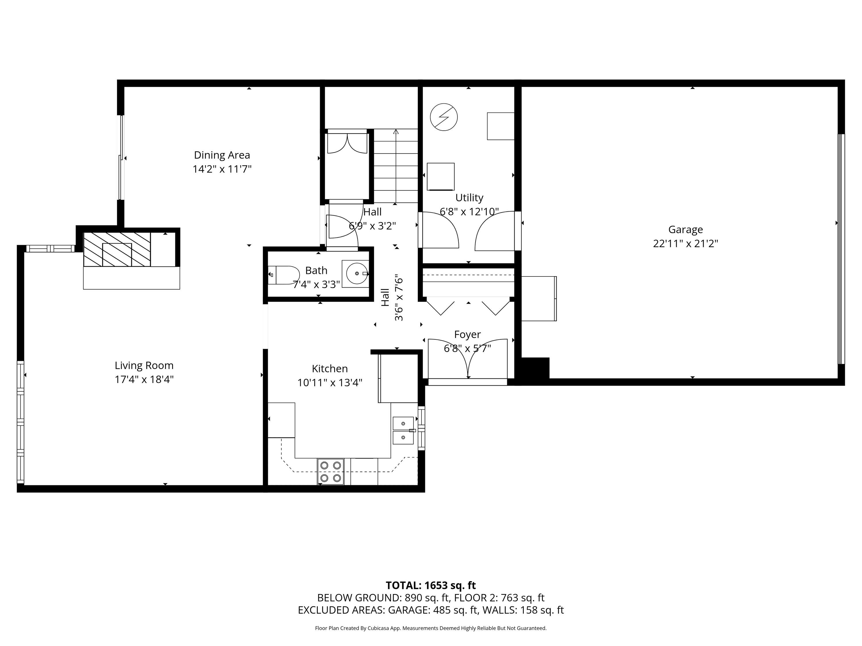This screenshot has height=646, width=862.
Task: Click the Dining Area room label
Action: pos(222,155)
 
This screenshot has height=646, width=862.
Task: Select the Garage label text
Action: pos(686,230)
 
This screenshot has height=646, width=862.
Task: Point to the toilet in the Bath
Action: pos(283,275)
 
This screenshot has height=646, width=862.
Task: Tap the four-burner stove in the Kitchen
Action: pos(330,471)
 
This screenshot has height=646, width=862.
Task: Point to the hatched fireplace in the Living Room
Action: pos(117,249)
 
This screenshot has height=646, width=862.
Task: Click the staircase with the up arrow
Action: pos(396,166)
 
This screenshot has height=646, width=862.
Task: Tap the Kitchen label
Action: pos(330,368)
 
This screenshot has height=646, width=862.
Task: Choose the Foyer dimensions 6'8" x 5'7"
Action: pos(467,348)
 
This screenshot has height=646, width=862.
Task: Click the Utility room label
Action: pos(469,198)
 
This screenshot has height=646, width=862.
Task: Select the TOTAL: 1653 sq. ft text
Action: pos(431,585)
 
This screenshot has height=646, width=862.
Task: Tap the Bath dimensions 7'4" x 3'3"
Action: pos(316,285)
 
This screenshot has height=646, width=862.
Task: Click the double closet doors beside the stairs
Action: pos(347,143)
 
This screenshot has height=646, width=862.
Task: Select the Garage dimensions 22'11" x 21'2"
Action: pos(686,244)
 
